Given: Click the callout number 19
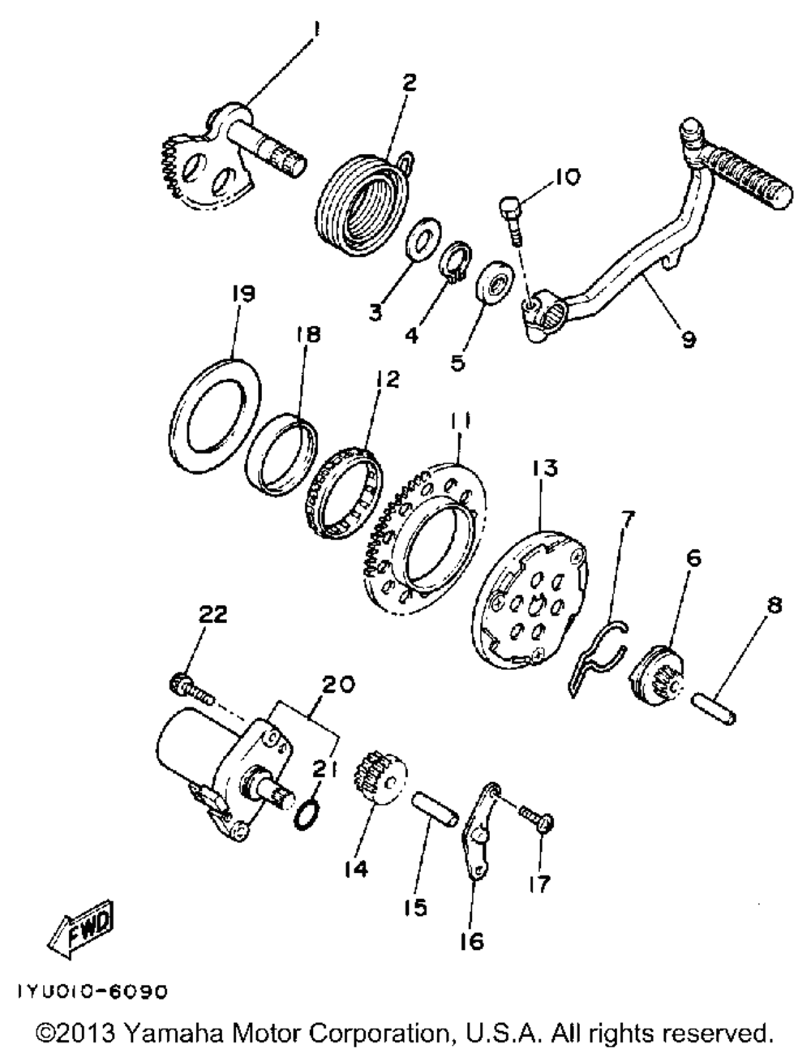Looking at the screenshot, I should click(x=243, y=294).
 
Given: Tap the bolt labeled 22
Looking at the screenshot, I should click(x=191, y=688).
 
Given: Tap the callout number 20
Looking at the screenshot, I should click(x=336, y=685).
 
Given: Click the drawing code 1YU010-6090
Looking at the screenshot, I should click(x=88, y=992).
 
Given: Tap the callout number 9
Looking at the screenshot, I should click(x=688, y=340).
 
